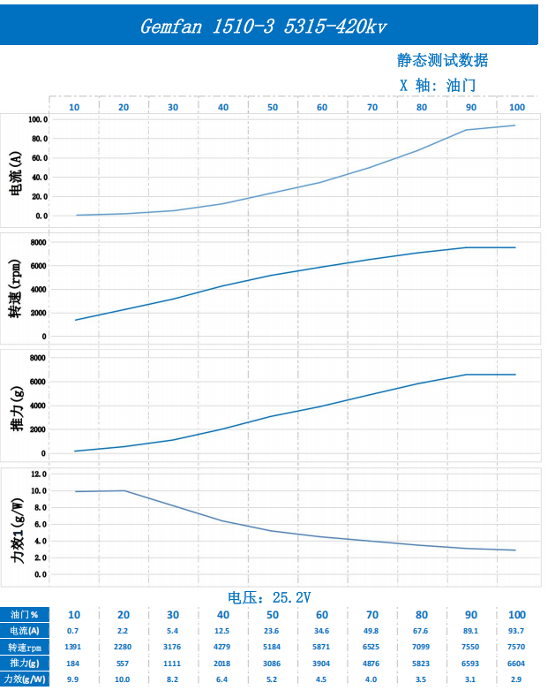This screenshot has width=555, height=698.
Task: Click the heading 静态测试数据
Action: click(x=442, y=61)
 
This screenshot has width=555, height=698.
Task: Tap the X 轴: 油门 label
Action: click(x=438, y=86)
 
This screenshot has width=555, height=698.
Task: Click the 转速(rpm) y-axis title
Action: click(x=16, y=289)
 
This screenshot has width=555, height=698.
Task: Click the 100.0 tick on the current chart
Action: click(x=38, y=119)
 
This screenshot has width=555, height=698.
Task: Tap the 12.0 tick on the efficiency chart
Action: click(x=39, y=474)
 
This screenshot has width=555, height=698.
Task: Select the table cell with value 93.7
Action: click(x=516, y=631)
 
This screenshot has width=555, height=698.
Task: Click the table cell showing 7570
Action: click(x=516, y=647)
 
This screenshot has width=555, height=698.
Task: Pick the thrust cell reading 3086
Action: click(x=273, y=663)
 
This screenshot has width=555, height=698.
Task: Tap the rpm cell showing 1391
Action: click(x=74, y=647)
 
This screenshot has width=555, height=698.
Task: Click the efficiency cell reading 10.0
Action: click(x=124, y=679)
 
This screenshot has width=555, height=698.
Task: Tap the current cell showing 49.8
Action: click(x=372, y=631)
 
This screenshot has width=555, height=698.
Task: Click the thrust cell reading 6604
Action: click(x=516, y=663)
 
